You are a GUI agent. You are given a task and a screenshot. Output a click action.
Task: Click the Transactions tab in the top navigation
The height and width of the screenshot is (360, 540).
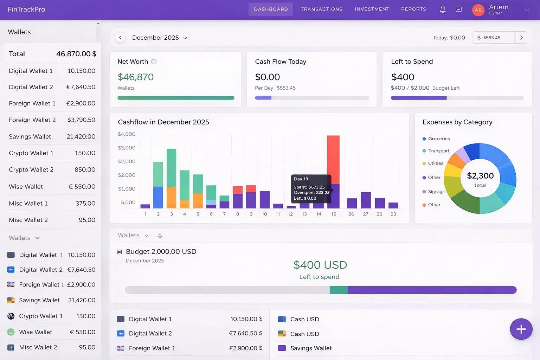[x=321, y=9]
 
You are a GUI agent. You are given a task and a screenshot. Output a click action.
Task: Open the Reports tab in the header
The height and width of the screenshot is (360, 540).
[x=413, y=9]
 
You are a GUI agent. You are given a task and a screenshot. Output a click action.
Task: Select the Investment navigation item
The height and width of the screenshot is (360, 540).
[x=372, y=9]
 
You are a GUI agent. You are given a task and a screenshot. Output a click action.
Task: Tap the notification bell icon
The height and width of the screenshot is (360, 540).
[x=443, y=9]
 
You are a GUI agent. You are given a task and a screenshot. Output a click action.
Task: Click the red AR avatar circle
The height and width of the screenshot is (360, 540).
[x=478, y=10]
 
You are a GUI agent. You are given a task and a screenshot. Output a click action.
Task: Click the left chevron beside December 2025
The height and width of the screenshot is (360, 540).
[x=120, y=38]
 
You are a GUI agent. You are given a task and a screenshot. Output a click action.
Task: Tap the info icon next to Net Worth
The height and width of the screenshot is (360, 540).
[x=154, y=62]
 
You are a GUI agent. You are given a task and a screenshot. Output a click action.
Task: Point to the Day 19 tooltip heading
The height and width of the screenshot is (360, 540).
[x=301, y=179]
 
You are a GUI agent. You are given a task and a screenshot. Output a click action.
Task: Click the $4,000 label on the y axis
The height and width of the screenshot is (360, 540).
[x=127, y=134]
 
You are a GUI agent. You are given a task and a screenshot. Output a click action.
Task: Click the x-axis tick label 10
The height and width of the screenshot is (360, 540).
[x=264, y=214]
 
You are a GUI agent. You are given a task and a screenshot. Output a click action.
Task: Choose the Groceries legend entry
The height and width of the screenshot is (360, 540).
[x=439, y=139]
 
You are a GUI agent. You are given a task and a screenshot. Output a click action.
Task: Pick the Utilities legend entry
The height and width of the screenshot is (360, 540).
[x=435, y=163]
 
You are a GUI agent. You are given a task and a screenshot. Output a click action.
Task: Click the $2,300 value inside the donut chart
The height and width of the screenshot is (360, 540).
[x=480, y=176]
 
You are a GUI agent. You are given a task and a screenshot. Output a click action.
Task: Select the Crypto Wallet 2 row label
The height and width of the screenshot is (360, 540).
[x=31, y=170]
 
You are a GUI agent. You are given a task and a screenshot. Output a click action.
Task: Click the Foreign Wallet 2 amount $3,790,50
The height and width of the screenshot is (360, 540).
[x=81, y=120]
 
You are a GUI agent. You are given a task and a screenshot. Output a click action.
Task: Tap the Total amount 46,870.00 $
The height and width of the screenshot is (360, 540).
[x=76, y=54]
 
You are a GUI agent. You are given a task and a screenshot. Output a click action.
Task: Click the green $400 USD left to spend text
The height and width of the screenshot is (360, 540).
[x=320, y=265]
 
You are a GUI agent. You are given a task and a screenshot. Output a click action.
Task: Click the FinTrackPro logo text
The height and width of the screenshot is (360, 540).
[x=26, y=9]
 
